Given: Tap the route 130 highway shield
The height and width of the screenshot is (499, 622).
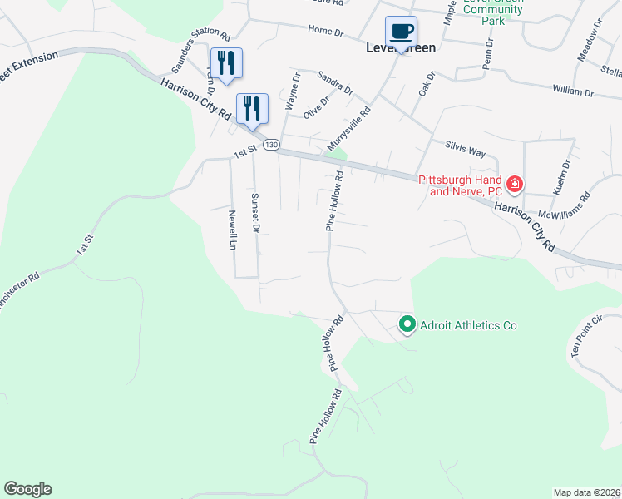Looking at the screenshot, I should [270, 145].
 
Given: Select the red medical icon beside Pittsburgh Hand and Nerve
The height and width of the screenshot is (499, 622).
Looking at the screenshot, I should [515, 183].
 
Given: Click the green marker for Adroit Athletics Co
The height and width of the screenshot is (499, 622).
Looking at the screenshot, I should [407, 324].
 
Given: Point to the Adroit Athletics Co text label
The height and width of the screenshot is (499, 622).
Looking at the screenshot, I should [469, 325].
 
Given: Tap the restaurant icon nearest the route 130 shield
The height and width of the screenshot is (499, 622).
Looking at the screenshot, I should [252, 109].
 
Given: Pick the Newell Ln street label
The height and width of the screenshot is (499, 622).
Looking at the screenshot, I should [233, 230].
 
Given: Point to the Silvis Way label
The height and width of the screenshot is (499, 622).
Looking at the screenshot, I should [465, 148].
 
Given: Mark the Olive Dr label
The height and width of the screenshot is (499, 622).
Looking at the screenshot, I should [317, 108].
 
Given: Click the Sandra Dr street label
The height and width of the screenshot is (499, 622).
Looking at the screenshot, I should [335, 82].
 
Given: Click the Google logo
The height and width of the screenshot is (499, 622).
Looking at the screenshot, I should [27, 489].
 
